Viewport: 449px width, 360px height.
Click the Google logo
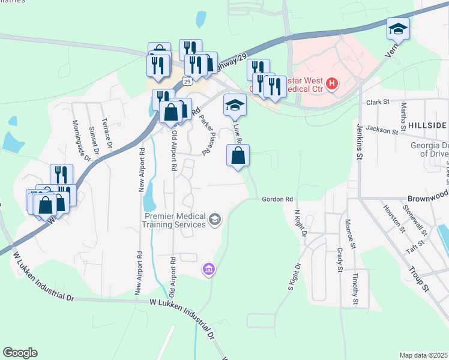tap(20, 353)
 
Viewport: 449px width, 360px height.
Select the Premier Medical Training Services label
tap(173, 220)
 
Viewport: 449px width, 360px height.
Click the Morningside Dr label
tap(84, 141)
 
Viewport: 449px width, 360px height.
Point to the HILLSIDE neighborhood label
tap(427, 125)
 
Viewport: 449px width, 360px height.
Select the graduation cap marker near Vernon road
tap(397, 29)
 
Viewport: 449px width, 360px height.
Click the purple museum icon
tap(208, 269)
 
